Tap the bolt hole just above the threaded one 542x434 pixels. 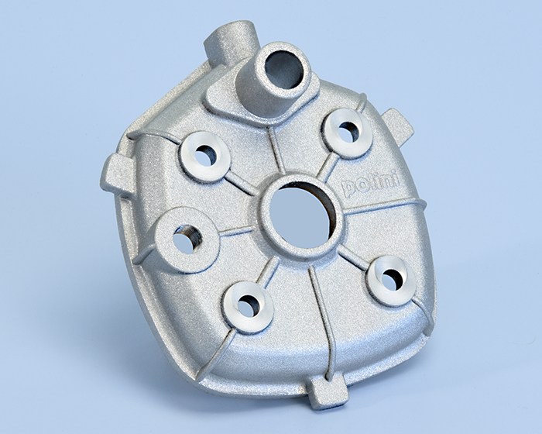click(205, 157)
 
